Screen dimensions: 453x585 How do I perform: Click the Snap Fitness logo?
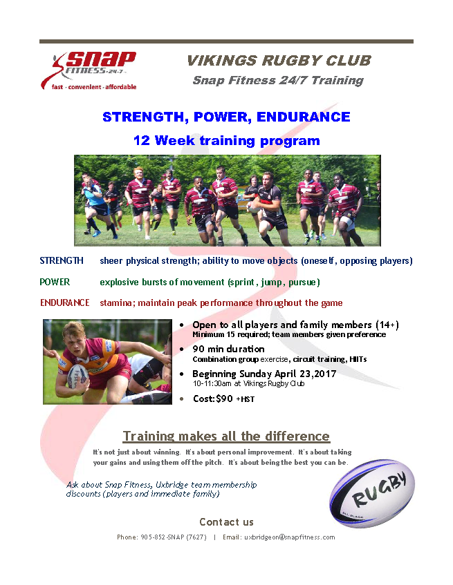[x=89, y=71]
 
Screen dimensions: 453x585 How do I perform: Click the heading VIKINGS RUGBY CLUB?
[x=279, y=61]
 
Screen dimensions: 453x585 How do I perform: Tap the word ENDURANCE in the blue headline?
[x=303, y=117]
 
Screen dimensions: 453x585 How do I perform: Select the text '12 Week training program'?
[x=227, y=141]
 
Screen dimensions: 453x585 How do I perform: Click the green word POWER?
[x=55, y=282]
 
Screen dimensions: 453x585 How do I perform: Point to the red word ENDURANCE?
[x=64, y=303]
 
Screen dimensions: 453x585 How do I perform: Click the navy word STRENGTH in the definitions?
[x=62, y=260]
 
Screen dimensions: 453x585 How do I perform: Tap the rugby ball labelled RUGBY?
[x=372, y=493]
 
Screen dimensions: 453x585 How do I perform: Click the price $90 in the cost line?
[x=224, y=399]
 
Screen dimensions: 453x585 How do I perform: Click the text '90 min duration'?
[x=228, y=349]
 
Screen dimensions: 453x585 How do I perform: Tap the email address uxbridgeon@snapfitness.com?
[x=290, y=537]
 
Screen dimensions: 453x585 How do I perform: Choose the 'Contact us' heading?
[x=226, y=522]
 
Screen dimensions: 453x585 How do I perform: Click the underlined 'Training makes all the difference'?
[x=226, y=436]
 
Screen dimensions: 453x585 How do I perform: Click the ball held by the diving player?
[x=77, y=377]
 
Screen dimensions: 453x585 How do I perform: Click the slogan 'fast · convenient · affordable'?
[x=94, y=87]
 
